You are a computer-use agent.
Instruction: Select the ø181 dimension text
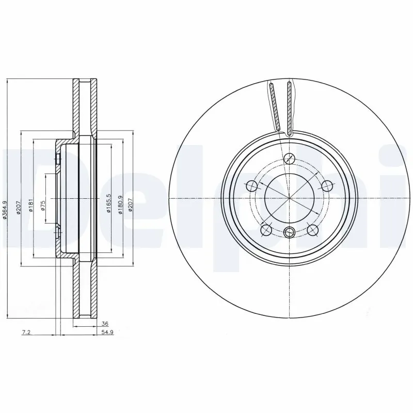coord(31,205)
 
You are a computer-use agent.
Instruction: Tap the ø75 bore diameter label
coord(43,205)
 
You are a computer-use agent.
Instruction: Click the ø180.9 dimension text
coord(120,204)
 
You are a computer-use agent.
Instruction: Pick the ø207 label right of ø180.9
coord(131,204)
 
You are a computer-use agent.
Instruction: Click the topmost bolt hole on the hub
coord(290,158)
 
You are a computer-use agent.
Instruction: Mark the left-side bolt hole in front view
coord(252,186)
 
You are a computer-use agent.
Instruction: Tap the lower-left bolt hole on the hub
coord(266,229)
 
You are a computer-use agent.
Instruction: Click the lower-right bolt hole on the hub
coord(312,229)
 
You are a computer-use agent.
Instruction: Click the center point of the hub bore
coord(289,198)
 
